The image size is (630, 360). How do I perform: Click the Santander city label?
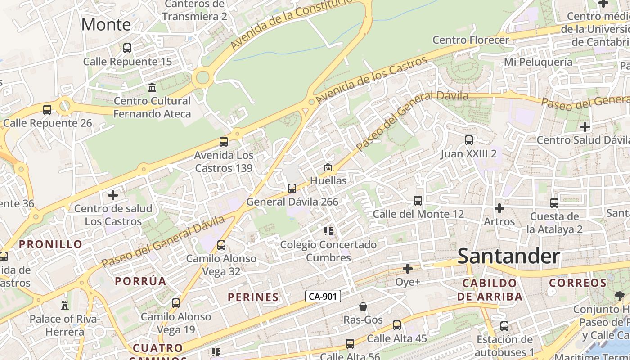tap(508, 256)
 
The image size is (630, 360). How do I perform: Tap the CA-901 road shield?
tap(323, 296)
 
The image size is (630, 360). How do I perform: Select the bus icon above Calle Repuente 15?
tap(127, 48)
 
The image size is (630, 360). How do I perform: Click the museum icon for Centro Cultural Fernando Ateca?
tap(152, 87)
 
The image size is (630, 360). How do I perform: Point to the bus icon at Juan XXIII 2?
tap(469, 140)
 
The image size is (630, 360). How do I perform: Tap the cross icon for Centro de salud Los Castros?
tap(113, 195)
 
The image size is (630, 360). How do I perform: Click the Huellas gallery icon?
tap(328, 167)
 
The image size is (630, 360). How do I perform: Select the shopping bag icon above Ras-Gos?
tap(363, 306)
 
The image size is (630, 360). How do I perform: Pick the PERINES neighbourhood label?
tap(253, 297)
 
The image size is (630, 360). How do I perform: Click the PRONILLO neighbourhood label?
tap(51, 244)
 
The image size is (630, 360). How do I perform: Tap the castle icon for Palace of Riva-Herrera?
tap(65, 306)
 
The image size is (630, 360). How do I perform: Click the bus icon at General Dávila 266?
tap(292, 188)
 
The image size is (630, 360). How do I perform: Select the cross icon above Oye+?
tap(408, 269)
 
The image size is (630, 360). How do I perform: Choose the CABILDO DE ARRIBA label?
tap(490, 289)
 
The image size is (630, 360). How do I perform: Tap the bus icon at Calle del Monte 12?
tap(418, 200)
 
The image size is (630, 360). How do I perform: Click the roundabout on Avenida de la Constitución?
tap(202, 78)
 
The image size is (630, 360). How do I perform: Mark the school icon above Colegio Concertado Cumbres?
tap(328, 231)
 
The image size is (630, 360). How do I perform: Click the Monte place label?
tap(106, 24)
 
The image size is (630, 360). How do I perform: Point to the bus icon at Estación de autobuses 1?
tap(504, 326)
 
